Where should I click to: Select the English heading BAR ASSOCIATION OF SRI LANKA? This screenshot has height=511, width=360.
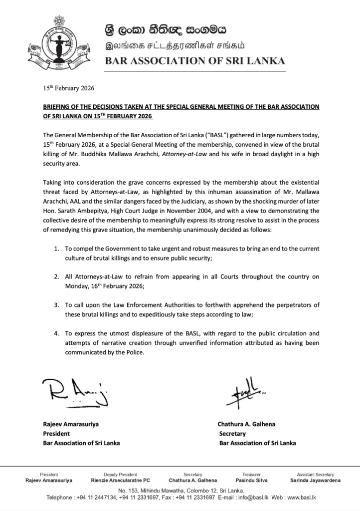(194, 61)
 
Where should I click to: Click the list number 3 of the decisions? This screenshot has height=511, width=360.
(57, 304)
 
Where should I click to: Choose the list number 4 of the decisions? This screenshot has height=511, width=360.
(57, 333)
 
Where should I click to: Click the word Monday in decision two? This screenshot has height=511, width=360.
(77, 285)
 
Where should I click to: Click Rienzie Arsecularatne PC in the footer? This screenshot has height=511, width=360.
(127, 481)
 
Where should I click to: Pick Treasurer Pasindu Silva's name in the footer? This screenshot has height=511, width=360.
(245, 481)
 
